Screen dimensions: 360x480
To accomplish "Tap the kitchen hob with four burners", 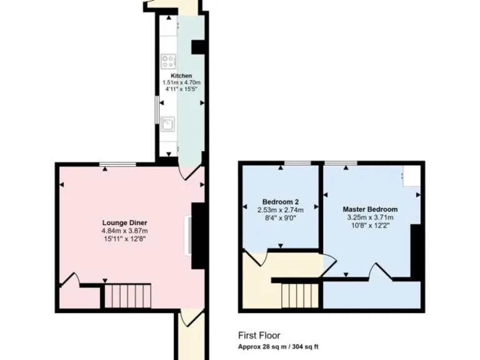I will (168, 61).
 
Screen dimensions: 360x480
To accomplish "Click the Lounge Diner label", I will (125, 222).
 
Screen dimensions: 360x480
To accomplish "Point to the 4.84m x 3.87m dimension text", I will (125, 231).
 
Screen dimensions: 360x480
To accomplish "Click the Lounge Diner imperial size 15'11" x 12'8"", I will (125, 238).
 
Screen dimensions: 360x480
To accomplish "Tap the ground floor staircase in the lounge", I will (128, 295).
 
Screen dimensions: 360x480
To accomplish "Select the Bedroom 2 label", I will (280, 202).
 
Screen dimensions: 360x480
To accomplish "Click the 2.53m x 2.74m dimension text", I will (280, 210).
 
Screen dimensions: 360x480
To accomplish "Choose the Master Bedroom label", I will (370, 209).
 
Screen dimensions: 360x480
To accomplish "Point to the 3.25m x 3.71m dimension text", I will (370, 217).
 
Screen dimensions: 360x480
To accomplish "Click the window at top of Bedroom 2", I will (298, 163).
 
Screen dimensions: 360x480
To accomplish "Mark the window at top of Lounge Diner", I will (117, 164).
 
